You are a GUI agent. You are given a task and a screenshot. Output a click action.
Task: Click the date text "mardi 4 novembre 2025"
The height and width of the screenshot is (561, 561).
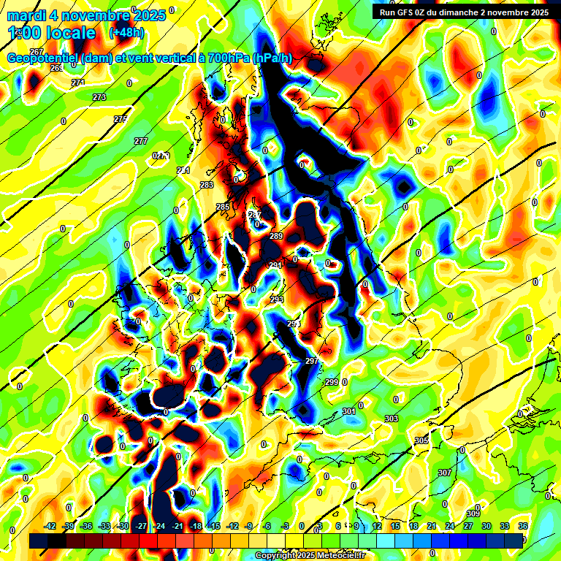pyautogui.click(x=80, y=15)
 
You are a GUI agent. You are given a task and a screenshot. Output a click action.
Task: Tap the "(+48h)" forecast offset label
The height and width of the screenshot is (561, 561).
pyautogui.click(x=126, y=33)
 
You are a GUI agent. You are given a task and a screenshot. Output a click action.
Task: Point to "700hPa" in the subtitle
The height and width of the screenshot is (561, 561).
pyautogui.click(x=224, y=58)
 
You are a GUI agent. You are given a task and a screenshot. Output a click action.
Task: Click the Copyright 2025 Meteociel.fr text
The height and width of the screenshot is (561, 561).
pyautogui.click(x=310, y=556)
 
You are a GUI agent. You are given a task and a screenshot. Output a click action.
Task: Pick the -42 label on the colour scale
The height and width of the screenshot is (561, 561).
pyautogui.click(x=50, y=526)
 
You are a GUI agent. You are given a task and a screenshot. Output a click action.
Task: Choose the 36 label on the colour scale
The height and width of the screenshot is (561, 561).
pyautogui.click(x=523, y=526)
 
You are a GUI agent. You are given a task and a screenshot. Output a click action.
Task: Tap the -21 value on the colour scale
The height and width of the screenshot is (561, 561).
pyautogui.click(x=177, y=526)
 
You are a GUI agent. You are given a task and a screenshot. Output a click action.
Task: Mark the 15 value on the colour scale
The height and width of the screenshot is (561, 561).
pyautogui.click(x=395, y=526)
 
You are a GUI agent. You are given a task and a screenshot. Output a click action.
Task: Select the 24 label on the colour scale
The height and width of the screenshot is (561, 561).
pyautogui.click(x=449, y=526)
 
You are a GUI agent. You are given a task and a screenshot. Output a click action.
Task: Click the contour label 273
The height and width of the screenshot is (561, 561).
pyautogui.click(x=99, y=97)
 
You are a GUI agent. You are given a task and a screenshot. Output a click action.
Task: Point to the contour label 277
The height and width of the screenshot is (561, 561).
pyautogui.click(x=141, y=141)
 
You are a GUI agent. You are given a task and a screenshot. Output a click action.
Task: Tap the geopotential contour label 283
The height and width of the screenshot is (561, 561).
pyautogui.click(x=207, y=185)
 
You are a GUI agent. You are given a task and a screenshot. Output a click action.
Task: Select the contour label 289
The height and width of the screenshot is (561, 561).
pyautogui.click(x=276, y=236)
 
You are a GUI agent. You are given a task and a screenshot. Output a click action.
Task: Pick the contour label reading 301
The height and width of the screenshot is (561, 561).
pyautogui.click(x=349, y=411)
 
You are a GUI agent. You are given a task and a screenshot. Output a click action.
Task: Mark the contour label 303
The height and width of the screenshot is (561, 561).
pyautogui.click(x=392, y=419)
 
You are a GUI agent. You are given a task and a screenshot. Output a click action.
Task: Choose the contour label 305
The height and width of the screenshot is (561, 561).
pyautogui.click(x=421, y=440)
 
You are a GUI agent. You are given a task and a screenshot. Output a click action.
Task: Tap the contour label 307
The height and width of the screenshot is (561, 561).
pyautogui.click(x=445, y=473)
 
